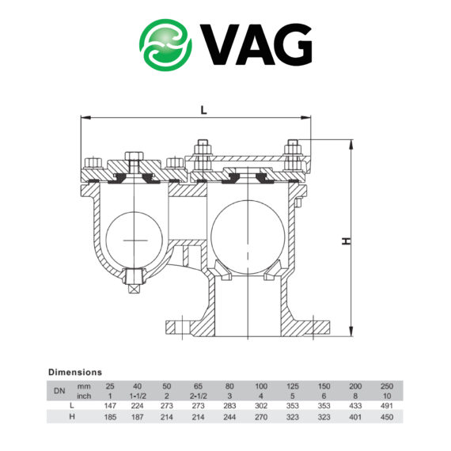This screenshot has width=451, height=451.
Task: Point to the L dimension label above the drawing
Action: (203, 111)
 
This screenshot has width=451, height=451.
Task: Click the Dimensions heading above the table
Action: (75, 371)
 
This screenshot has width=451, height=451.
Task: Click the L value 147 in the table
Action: (109, 404)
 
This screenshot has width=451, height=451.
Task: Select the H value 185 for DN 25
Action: (109, 416)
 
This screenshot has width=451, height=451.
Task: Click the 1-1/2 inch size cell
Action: (137, 395)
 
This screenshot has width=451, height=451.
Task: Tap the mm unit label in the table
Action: (84, 385)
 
